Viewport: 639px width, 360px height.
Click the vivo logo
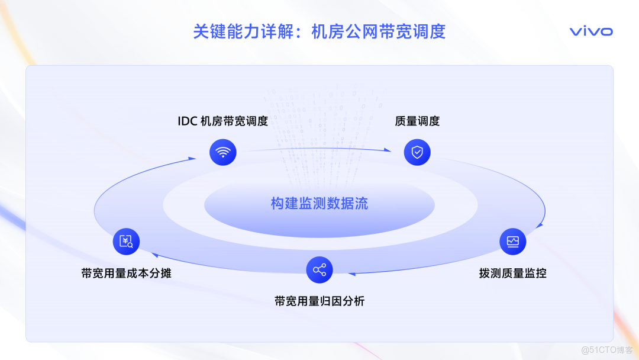(x=591, y=31)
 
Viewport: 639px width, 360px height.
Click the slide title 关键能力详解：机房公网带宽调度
(x=319, y=31)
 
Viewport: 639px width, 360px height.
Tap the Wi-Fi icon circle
(x=223, y=152)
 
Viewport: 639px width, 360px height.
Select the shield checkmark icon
(x=417, y=152)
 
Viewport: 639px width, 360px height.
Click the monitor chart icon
(x=512, y=241)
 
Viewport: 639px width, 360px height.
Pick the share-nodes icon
(x=319, y=270)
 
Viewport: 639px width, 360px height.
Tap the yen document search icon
(x=126, y=241)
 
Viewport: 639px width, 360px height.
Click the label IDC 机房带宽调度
(x=223, y=121)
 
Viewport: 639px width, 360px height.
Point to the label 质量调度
(x=417, y=121)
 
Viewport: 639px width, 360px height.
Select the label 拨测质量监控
(x=512, y=274)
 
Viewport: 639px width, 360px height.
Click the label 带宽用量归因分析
(x=319, y=301)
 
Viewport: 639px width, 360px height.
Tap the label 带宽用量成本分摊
(x=126, y=274)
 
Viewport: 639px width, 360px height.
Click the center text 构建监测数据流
(x=319, y=204)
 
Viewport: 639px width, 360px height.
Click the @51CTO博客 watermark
(x=606, y=350)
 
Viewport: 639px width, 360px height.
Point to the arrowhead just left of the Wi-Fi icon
(x=192, y=158)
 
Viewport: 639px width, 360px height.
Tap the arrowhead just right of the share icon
(x=351, y=274)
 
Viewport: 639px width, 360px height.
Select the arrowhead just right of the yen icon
(x=154, y=255)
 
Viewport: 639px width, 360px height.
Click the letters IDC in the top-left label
(x=188, y=121)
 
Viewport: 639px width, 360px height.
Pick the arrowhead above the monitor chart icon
(x=539, y=225)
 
